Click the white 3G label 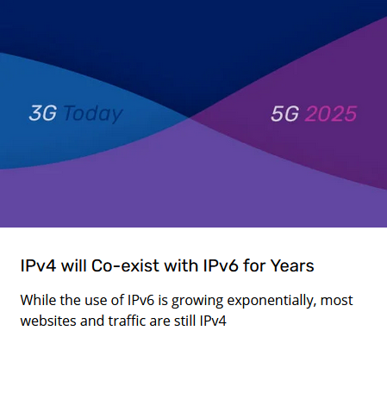(42, 113)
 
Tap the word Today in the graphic (93, 115)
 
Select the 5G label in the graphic (284, 114)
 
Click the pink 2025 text (330, 114)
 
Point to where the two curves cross (188, 117)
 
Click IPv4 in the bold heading (38, 265)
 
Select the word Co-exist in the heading (125, 265)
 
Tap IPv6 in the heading (221, 265)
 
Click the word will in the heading (74, 265)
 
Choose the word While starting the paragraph (38, 300)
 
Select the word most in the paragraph (336, 301)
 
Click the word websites (48, 321)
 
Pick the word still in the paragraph (185, 321)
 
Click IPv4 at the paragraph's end (213, 321)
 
